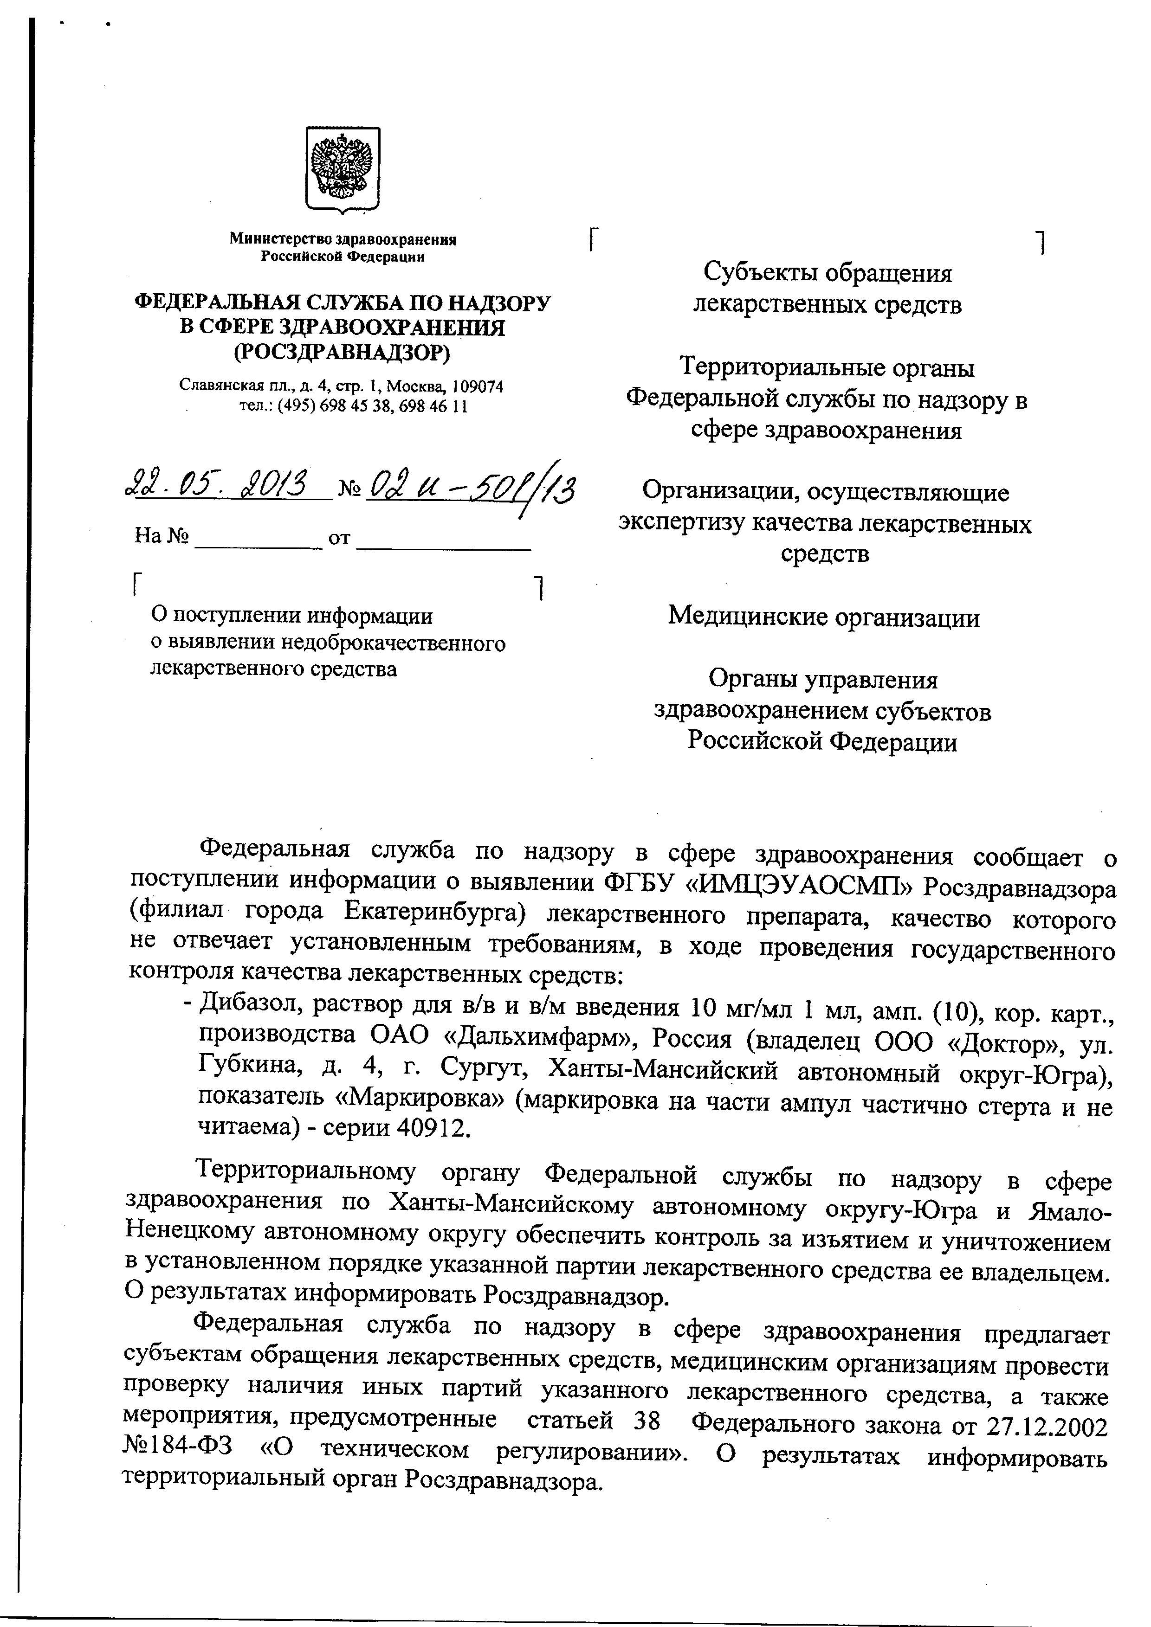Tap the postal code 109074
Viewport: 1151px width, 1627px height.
pos(478,387)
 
